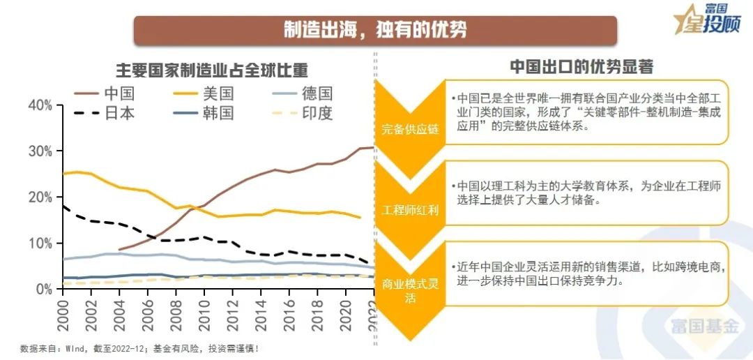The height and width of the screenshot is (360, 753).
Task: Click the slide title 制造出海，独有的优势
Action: [x=374, y=30]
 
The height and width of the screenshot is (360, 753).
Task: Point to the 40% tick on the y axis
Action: [x=40, y=105]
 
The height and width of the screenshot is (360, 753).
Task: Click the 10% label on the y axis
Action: [x=40, y=243]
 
